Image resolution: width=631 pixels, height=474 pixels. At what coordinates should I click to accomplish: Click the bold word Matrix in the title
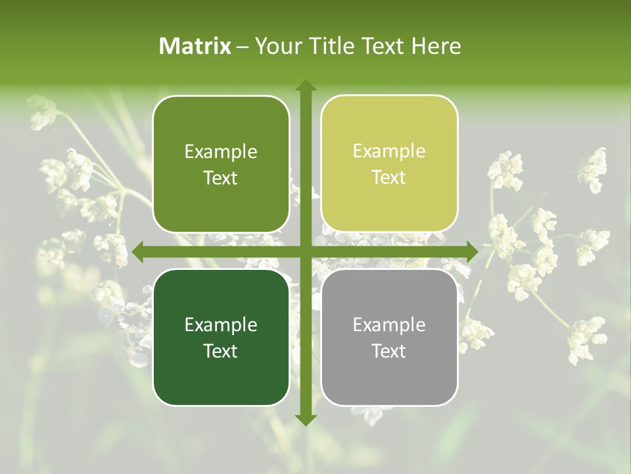pos(195,46)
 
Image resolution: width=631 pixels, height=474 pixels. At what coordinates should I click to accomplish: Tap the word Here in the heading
pos(436,46)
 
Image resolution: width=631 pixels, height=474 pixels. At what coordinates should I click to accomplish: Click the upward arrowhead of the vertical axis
pos(306,86)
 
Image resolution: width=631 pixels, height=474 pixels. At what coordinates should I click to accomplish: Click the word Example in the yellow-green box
pos(389,151)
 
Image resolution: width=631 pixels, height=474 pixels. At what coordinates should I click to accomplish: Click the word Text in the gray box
pos(389,351)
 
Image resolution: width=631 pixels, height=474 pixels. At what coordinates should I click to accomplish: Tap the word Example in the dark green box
pos(221,325)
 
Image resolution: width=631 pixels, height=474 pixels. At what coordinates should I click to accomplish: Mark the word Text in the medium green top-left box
pos(221,178)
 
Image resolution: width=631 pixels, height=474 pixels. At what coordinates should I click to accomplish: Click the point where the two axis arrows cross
pos(306,251)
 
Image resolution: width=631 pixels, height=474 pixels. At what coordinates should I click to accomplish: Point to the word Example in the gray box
pos(389,325)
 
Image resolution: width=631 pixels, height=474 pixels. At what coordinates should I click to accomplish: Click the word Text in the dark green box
pos(221,351)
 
